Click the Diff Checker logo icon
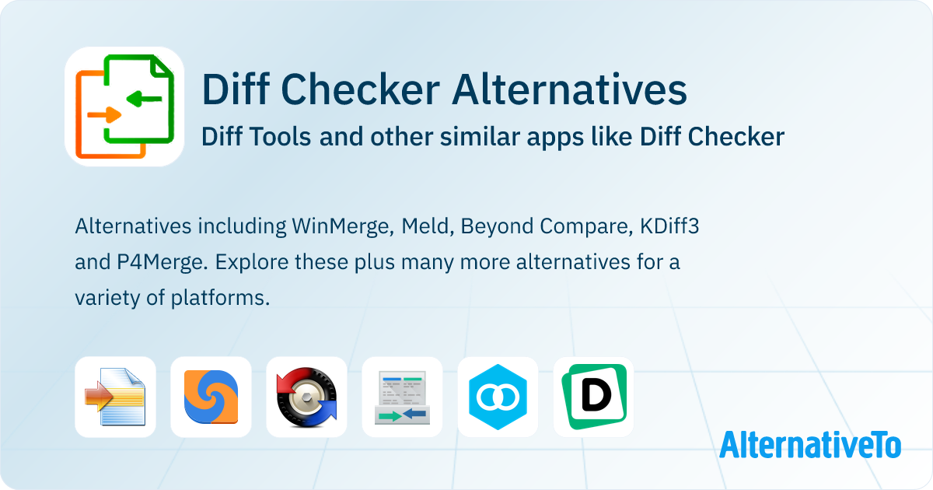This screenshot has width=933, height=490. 124,106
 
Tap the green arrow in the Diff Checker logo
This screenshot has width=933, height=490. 144,98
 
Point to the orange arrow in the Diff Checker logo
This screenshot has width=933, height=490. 104,116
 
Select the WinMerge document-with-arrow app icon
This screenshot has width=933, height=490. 115,397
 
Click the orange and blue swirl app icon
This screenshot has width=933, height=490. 211,397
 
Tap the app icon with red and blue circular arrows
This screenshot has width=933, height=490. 306,397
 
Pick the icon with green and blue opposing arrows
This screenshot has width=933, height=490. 402,397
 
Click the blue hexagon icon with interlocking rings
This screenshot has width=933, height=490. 498,397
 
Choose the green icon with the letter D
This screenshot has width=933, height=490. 593,397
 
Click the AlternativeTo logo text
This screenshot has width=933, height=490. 809,444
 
